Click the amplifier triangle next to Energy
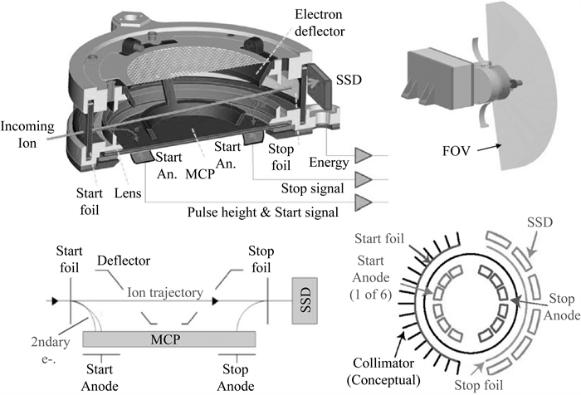click(x=364, y=154)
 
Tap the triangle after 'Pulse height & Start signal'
click(x=364, y=202)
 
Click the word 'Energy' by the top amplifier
click(x=328, y=161)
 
